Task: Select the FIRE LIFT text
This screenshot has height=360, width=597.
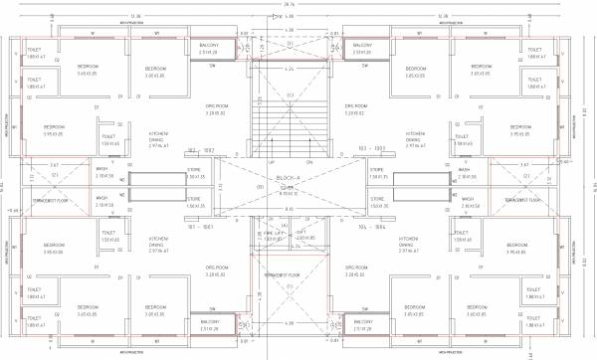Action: [x=273, y=232]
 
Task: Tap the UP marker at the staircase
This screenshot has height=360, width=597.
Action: [x=271, y=161]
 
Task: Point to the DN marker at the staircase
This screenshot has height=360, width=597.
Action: [x=308, y=161]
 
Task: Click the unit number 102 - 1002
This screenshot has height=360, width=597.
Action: [x=202, y=149]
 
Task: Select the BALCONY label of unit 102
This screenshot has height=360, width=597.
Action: [x=210, y=46]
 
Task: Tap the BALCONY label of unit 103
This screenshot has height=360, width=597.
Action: [x=363, y=46]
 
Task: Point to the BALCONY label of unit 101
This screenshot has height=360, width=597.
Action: [x=211, y=321]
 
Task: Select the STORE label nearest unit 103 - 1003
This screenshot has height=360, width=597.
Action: [x=377, y=171]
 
